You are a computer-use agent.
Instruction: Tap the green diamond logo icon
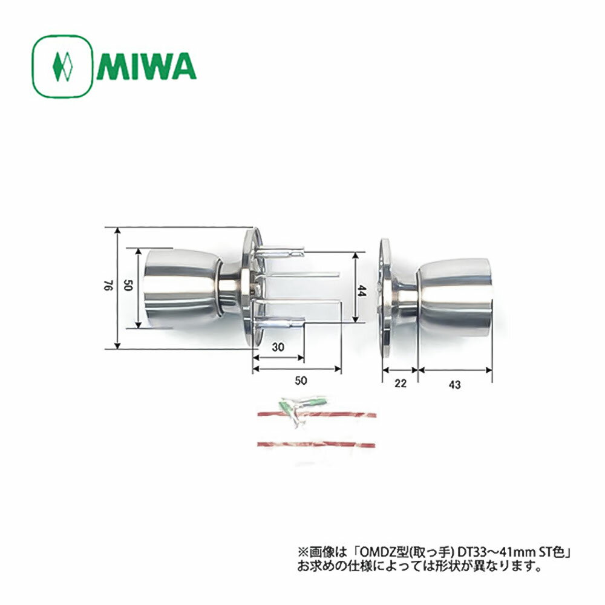tap(63, 66)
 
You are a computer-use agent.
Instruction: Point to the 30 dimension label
tap(278, 348)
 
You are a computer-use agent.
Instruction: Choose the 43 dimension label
tap(456, 383)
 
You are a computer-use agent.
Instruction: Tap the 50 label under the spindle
tap(301, 380)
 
